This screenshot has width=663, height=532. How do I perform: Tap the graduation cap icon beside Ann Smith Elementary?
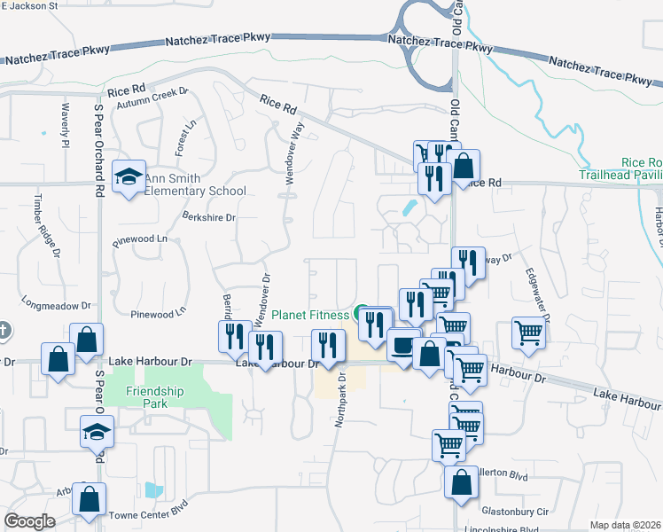(x=129, y=176)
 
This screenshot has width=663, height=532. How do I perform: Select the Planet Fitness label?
(x=310, y=314)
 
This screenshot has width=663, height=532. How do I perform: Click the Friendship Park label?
(x=154, y=397)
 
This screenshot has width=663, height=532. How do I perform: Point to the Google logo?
(x=29, y=521)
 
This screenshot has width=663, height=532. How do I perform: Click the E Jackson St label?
(x=28, y=5)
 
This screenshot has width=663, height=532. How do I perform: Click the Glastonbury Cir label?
(x=516, y=512)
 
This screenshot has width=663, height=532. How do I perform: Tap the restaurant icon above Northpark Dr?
(x=328, y=345)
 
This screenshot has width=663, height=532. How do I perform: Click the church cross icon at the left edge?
(x=4, y=331)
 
